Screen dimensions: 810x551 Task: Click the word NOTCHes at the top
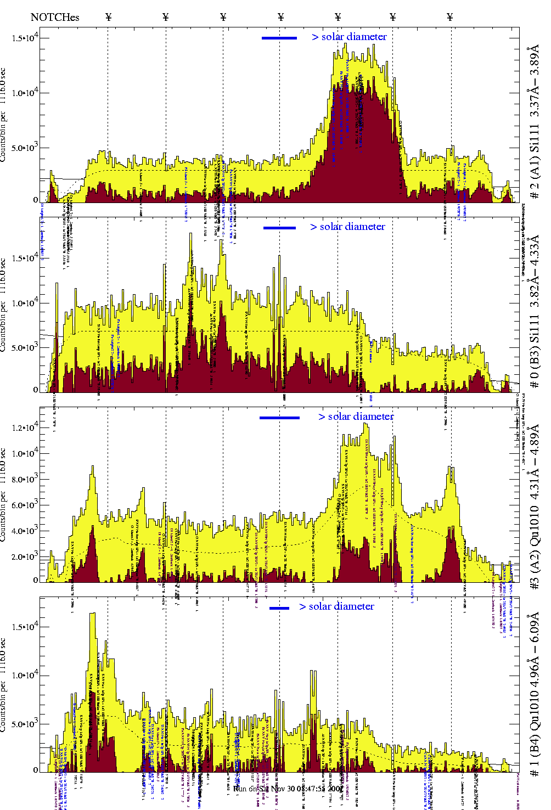click(x=55, y=17)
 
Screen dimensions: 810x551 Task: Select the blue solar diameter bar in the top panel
click(x=279, y=38)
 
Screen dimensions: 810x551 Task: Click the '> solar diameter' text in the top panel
click(x=349, y=37)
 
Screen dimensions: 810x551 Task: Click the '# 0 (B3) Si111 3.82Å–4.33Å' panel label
click(x=533, y=311)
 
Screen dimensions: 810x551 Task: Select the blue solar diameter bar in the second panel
click(x=279, y=228)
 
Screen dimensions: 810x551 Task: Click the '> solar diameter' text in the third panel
click(x=356, y=417)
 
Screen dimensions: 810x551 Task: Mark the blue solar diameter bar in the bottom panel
click(x=279, y=608)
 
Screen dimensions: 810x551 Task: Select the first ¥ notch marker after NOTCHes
click(x=108, y=17)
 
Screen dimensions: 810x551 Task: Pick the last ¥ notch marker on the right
click(x=450, y=17)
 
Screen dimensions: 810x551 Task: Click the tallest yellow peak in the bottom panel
click(x=92, y=615)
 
